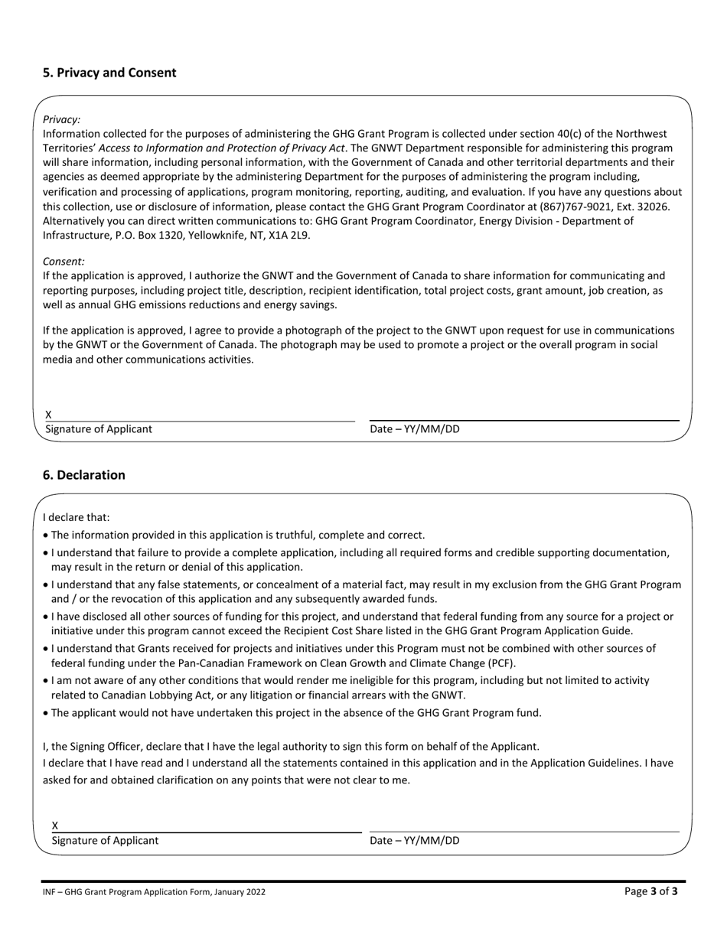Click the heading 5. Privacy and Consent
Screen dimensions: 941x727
click(109, 73)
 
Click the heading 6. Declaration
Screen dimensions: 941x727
click(84, 475)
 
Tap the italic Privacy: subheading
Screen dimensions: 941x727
click(62, 119)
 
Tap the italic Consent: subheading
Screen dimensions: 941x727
click(64, 262)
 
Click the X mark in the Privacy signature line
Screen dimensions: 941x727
click(48, 415)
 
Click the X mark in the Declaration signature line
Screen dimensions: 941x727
click(55, 825)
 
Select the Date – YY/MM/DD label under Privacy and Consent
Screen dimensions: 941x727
click(415, 429)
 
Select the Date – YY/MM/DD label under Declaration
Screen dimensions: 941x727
click(415, 841)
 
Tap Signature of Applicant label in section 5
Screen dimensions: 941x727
click(99, 429)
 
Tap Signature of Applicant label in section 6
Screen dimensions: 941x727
click(106, 841)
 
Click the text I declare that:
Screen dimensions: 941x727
click(77, 517)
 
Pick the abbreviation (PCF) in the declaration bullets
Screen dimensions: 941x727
click(501, 663)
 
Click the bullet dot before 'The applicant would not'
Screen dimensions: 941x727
click(46, 713)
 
